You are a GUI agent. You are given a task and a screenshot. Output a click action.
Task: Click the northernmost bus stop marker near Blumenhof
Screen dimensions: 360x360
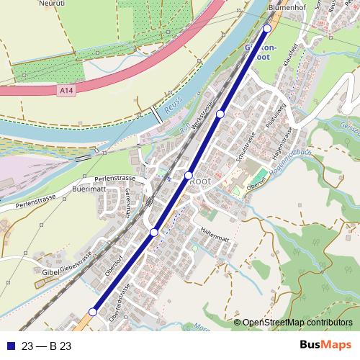coord(267,28)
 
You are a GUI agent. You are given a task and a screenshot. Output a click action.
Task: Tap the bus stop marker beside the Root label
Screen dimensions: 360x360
coord(189,175)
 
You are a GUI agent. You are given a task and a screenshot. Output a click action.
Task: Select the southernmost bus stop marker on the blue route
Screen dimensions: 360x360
coord(93,311)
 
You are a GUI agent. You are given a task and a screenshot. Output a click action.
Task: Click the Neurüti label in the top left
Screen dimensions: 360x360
coord(19,3)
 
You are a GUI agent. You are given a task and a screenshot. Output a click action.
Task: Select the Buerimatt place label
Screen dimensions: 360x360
coord(89,192)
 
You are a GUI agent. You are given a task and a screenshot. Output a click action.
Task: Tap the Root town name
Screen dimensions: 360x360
coord(199,183)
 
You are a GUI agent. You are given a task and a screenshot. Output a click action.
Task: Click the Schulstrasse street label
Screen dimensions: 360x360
coord(247,148)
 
